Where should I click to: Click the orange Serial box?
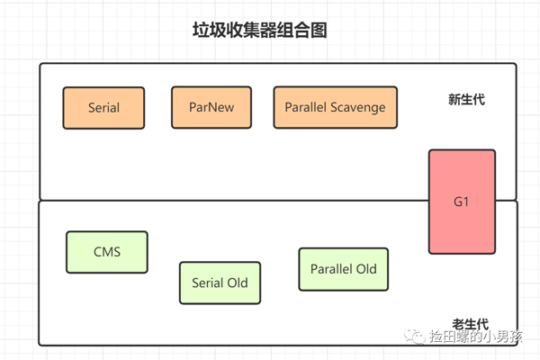click(x=103, y=108)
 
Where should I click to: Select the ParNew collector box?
click(x=211, y=107)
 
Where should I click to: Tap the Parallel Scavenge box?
click(x=336, y=107)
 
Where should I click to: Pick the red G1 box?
click(x=463, y=202)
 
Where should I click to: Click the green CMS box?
click(x=107, y=252)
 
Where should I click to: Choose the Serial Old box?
click(x=220, y=283)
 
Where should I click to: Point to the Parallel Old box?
click(x=344, y=269)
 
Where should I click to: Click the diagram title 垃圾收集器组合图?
click(x=260, y=30)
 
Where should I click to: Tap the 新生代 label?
click(x=466, y=100)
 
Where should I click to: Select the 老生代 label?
click(x=471, y=324)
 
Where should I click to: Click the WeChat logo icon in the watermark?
click(x=415, y=336)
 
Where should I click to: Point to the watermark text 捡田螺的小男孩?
click(x=476, y=337)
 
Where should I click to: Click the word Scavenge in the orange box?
click(x=358, y=108)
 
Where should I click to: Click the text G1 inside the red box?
click(x=461, y=202)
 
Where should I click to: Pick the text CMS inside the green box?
click(x=107, y=252)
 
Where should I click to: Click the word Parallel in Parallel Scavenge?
click(x=305, y=107)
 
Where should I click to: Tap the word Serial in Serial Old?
click(x=208, y=283)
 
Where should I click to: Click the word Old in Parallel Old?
click(x=366, y=269)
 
